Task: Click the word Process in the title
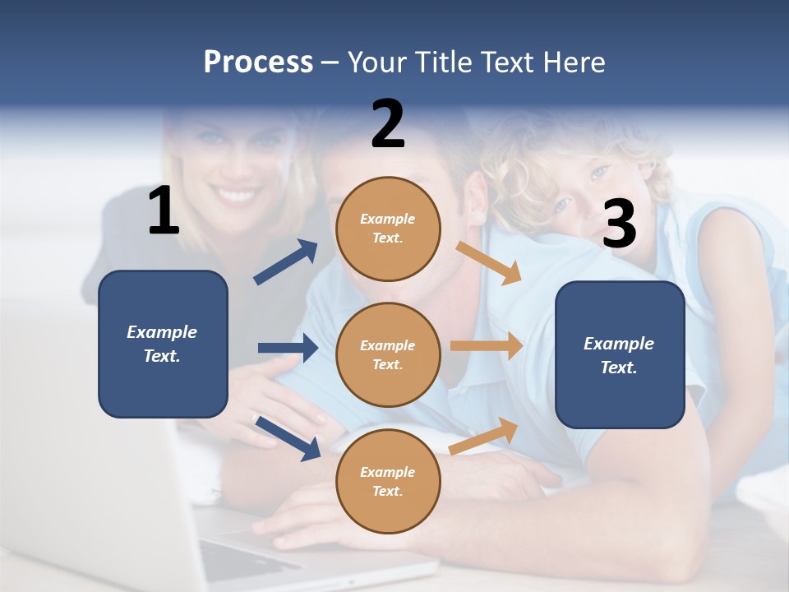coord(258,62)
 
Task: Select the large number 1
coord(164,211)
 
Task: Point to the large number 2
coord(388,124)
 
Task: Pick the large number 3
coord(619,224)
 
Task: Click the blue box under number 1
coord(163,344)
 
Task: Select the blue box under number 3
coord(620,355)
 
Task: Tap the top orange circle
coord(388,229)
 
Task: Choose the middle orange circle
coord(388,354)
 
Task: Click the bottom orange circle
coord(388,481)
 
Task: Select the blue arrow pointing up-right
coord(286,262)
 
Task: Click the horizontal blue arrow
coord(288,348)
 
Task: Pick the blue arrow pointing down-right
coord(288,437)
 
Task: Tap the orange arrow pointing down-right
coord(489,262)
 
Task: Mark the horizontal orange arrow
coord(487,346)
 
